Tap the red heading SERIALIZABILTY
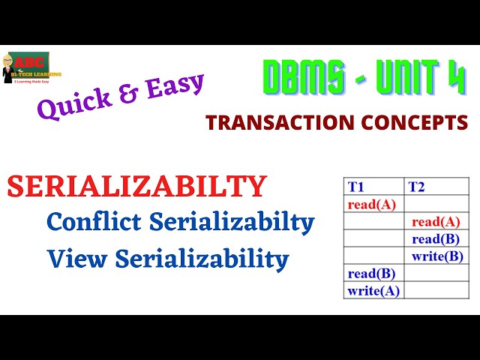coord(137,187)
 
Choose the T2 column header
coord(417,187)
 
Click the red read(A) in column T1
coord(371,204)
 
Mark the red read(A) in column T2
coord(436,221)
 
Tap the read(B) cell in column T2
coord(436,239)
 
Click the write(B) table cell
coord(437,256)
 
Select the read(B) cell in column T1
coord(371,274)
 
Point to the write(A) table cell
coord(373,291)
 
